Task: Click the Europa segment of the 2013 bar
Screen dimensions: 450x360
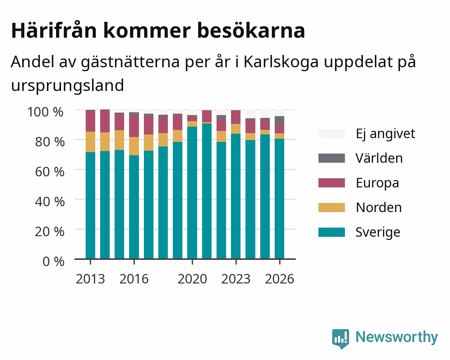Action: [x=90, y=121]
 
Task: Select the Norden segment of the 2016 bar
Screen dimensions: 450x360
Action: [x=134, y=146]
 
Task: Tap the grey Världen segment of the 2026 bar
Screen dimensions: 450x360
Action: [x=279, y=120]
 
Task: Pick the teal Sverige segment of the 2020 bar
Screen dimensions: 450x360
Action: [x=192, y=193]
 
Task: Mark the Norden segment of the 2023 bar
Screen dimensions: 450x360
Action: [x=236, y=129]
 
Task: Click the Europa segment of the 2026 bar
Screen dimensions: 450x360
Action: [x=279, y=129]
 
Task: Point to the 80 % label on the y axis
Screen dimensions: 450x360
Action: [x=50, y=142]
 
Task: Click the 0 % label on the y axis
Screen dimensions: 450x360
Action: [x=53, y=262]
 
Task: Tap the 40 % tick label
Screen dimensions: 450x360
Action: [x=50, y=202]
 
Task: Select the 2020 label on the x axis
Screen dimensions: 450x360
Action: [x=192, y=279]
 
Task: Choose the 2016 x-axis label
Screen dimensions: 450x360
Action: [x=134, y=279]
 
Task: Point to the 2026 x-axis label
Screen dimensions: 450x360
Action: [x=279, y=279]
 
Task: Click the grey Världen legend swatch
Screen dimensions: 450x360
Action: [x=332, y=158]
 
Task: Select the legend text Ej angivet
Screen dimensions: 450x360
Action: [x=385, y=134]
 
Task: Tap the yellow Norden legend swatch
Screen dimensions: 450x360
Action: [x=332, y=208]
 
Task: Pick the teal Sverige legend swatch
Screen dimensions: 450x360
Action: [x=332, y=232]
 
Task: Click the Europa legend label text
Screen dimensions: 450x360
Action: [x=377, y=183]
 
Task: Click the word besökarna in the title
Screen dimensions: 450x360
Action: [x=251, y=31]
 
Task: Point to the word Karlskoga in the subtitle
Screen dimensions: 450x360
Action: [x=281, y=62]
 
